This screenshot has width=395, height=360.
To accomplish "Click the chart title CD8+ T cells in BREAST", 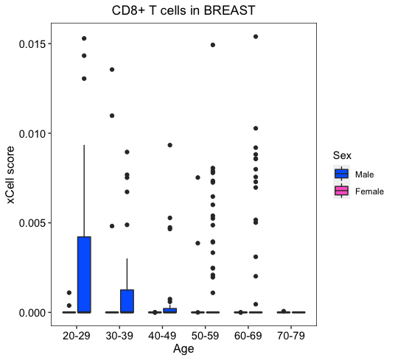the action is [x=183, y=10].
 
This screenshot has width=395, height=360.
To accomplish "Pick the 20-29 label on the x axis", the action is [x=77, y=336].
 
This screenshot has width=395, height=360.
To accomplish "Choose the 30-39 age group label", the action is [x=119, y=336].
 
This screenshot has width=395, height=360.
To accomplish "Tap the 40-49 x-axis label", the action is [x=162, y=336].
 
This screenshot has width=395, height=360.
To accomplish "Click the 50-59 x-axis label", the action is [x=206, y=336].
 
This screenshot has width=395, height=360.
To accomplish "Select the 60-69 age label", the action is [x=248, y=336].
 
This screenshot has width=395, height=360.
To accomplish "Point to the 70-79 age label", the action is [x=291, y=336].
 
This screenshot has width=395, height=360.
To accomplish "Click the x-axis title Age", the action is [x=183, y=349].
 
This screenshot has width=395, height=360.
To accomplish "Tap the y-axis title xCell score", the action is [x=10, y=174].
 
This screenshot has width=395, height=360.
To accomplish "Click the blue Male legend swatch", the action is [x=342, y=174].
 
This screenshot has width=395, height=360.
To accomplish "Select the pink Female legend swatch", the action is [x=342, y=191].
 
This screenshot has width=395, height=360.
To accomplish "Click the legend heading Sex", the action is [x=342, y=155].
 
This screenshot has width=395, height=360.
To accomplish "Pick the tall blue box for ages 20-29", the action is [x=84, y=275].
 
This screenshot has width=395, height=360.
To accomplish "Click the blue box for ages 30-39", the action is [x=127, y=301].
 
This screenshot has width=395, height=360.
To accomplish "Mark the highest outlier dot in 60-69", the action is [x=256, y=37].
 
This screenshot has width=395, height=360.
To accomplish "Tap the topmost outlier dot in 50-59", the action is [x=213, y=45].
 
